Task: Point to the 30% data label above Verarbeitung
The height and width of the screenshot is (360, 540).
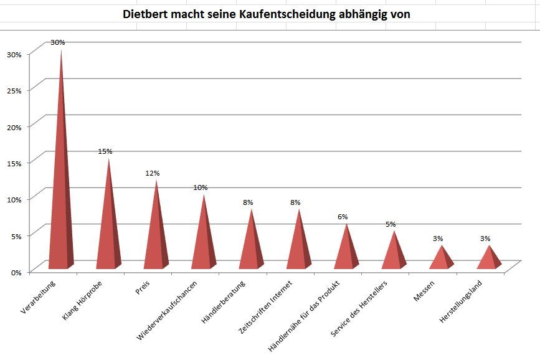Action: pyautogui.click(x=58, y=42)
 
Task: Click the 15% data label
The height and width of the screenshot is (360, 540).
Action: pyautogui.click(x=105, y=151)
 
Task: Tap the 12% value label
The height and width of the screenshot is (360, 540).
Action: pyautogui.click(x=153, y=173)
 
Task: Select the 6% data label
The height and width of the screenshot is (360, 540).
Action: pyautogui.click(x=343, y=217)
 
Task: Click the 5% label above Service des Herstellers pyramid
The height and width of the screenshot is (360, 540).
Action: pyautogui.click(x=391, y=224)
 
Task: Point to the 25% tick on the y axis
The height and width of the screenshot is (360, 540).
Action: pyautogui.click(x=14, y=90)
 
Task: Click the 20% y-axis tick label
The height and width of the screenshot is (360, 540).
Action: pyautogui.click(x=14, y=126)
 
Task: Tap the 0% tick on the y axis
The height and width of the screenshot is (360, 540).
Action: pyautogui.click(x=16, y=272)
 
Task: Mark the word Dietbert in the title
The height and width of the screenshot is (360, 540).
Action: pyautogui.click(x=147, y=14)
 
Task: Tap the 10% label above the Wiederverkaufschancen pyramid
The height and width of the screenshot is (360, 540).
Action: pyautogui.click(x=201, y=187)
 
